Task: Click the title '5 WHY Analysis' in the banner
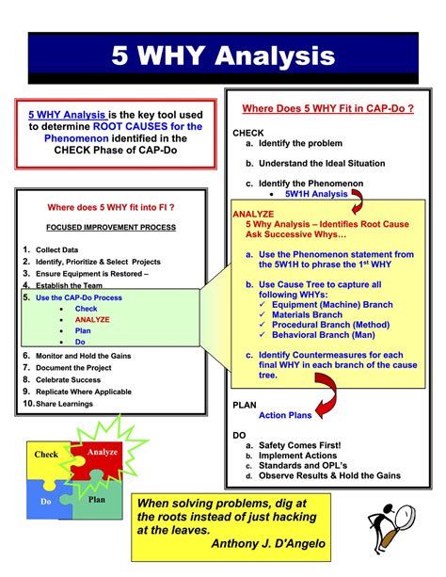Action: coord(223,56)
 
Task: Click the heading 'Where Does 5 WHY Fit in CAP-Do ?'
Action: coord(328,108)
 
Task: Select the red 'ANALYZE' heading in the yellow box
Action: coord(253,214)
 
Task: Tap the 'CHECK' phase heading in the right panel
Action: coord(248,133)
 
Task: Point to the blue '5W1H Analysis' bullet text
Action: coord(315,194)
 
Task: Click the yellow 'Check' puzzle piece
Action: coord(46,455)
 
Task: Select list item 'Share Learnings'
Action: coord(64,404)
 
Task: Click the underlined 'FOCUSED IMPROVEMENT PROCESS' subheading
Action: coord(112,228)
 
